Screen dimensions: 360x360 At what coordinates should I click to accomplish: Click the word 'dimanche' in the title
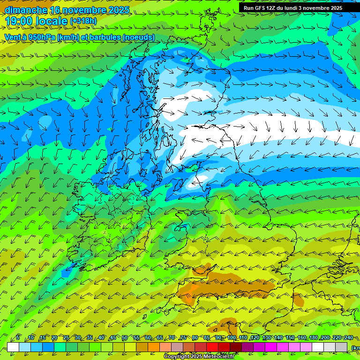click(26, 10)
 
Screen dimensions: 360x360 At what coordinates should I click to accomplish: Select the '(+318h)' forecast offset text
click(84, 21)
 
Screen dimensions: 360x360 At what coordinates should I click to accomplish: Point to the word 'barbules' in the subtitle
click(102, 37)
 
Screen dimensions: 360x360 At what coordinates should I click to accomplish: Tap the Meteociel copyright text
click(199, 357)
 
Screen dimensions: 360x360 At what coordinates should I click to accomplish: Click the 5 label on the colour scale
click(18, 338)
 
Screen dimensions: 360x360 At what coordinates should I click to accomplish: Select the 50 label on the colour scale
click(125, 338)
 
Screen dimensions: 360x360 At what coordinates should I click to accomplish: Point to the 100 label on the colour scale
click(231, 338)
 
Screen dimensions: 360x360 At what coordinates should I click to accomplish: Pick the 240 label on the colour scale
click(349, 338)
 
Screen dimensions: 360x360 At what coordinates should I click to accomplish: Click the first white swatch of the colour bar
click(13, 347)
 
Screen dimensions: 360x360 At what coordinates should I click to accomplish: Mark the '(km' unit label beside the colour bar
click(355, 348)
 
